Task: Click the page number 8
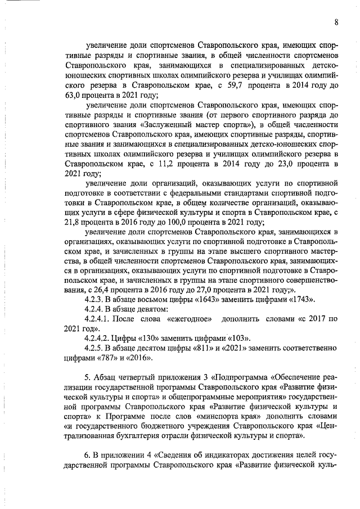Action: click(x=336, y=22)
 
